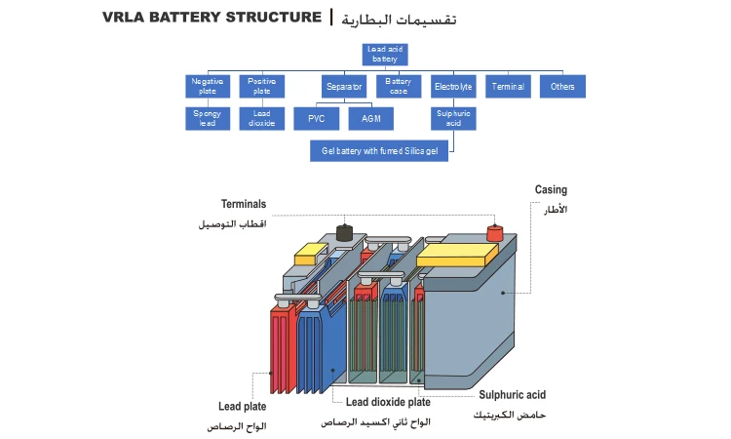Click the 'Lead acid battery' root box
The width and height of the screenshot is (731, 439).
(382, 54)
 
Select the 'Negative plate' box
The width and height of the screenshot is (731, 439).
(208, 87)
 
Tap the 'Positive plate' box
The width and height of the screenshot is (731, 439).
(262, 87)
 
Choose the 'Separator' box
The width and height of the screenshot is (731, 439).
(344, 87)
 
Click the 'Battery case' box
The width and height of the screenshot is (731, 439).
(399, 87)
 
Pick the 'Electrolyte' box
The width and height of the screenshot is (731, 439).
(453, 87)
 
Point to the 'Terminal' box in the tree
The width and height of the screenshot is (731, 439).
(508, 87)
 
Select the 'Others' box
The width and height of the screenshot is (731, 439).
(562, 87)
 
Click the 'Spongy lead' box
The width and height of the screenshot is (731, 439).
(208, 119)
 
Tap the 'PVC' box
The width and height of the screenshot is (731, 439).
(317, 119)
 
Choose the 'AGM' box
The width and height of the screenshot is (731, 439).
(371, 119)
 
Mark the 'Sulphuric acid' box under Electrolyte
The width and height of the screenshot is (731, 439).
(453, 119)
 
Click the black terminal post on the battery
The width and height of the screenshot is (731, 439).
(343, 232)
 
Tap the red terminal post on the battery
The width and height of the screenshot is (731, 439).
(493, 233)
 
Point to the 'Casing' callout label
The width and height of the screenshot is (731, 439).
(551, 190)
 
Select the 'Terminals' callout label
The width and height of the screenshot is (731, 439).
(244, 205)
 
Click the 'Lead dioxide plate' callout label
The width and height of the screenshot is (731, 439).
(389, 402)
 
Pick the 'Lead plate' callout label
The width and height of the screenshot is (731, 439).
(243, 406)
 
